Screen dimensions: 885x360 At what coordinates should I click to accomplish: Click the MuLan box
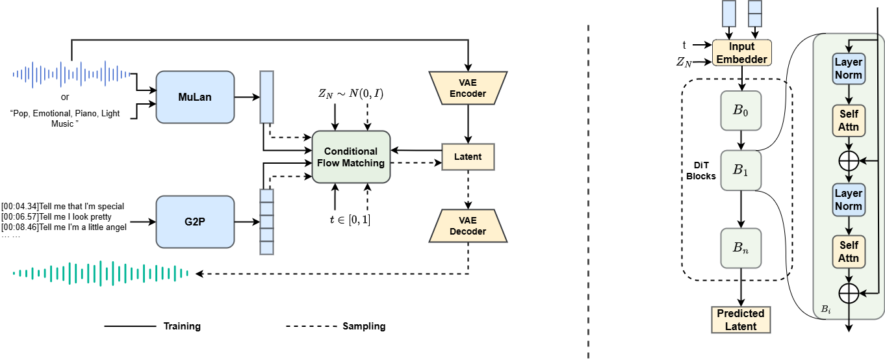click(x=195, y=97)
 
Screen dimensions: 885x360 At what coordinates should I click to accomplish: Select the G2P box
click(x=195, y=222)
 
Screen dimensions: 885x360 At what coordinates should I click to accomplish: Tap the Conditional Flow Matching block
click(x=351, y=157)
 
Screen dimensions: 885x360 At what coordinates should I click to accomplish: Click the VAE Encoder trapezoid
click(x=468, y=88)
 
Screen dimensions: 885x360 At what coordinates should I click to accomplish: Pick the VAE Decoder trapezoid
click(x=468, y=225)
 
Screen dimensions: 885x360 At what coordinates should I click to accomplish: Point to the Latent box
click(x=468, y=157)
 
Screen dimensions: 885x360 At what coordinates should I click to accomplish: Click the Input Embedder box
click(x=741, y=53)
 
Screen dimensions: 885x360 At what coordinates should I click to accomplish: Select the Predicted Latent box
click(x=741, y=320)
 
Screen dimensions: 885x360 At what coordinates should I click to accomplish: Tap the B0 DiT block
click(x=741, y=110)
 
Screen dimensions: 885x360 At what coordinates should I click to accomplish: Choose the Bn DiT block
click(x=741, y=248)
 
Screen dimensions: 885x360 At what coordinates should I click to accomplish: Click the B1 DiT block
click(x=741, y=170)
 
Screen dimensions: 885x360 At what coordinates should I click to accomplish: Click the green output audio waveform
click(x=101, y=273)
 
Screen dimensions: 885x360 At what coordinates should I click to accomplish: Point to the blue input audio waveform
click(x=71, y=74)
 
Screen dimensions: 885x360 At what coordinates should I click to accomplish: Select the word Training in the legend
click(x=182, y=326)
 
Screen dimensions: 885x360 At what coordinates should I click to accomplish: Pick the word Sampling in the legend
click(x=364, y=326)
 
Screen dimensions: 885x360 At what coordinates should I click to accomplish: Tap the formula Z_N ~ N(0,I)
click(x=351, y=94)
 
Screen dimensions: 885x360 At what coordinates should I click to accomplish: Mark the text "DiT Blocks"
click(x=701, y=171)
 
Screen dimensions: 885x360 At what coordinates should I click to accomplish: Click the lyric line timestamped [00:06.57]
click(x=57, y=216)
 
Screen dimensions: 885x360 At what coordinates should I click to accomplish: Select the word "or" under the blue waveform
click(x=65, y=97)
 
